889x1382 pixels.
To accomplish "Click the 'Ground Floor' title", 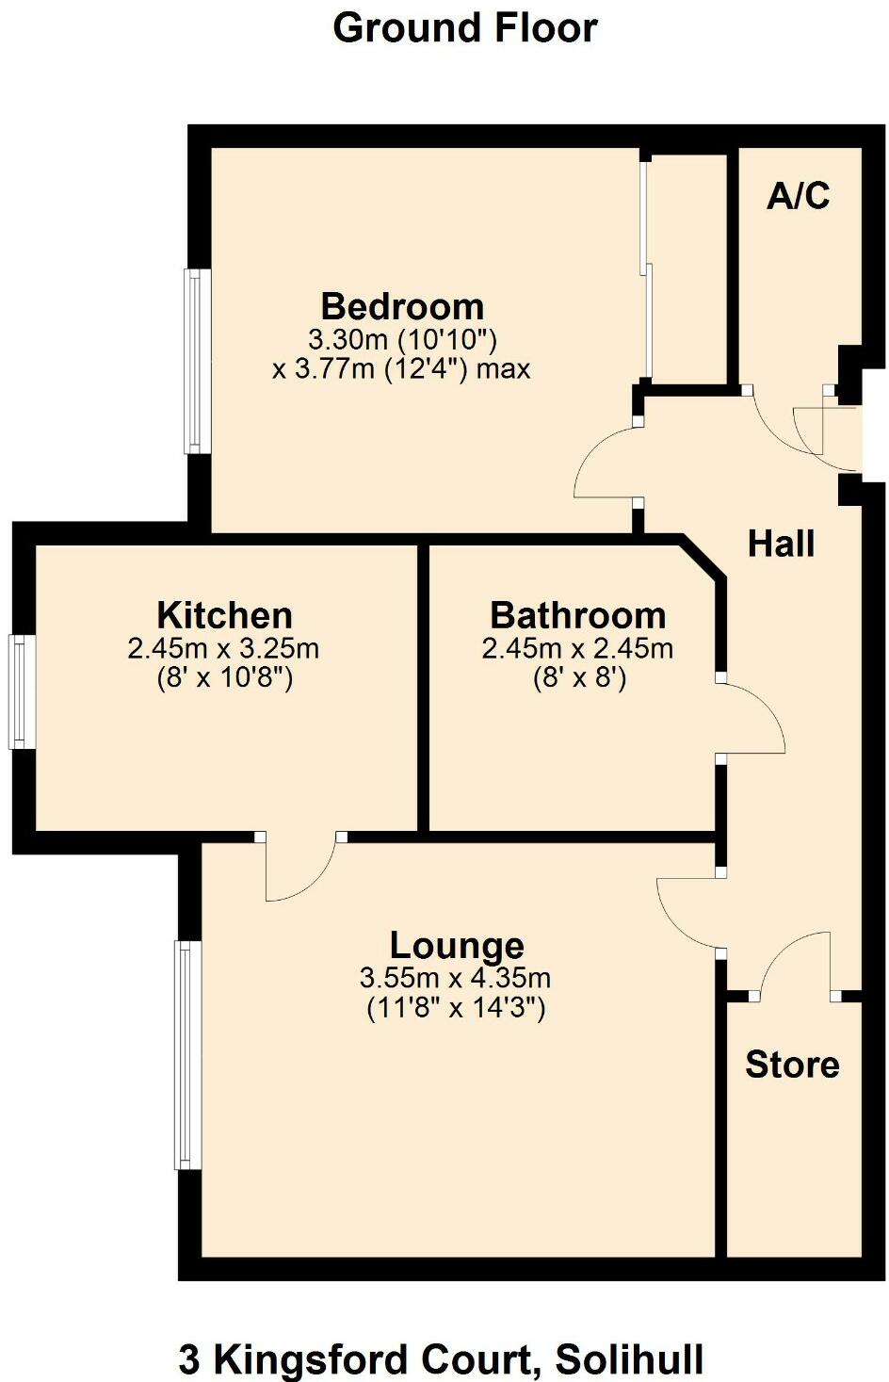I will pyautogui.click(x=464, y=28).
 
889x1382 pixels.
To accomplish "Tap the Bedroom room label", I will pyautogui.click(x=402, y=307).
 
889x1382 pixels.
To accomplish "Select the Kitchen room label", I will pyautogui.click(x=224, y=615).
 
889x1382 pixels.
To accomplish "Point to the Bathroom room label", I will pyautogui.click(x=577, y=615).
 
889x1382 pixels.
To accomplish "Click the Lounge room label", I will pyautogui.click(x=457, y=945).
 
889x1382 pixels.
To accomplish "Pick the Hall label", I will pyautogui.click(x=781, y=544).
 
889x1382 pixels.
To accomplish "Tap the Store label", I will pyautogui.click(x=792, y=1065).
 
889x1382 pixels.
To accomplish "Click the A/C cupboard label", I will pyautogui.click(x=799, y=195).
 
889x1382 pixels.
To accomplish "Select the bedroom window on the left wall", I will pyautogui.click(x=197, y=361).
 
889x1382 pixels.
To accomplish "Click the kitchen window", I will pyautogui.click(x=20, y=692).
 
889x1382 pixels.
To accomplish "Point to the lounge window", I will pyautogui.click(x=187, y=1055).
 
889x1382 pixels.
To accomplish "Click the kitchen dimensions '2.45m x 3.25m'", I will pyautogui.click(x=223, y=648).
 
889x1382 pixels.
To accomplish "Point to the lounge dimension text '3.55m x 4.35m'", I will pyautogui.click(x=455, y=978).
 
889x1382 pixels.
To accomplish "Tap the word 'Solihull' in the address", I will pyautogui.click(x=629, y=1359).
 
